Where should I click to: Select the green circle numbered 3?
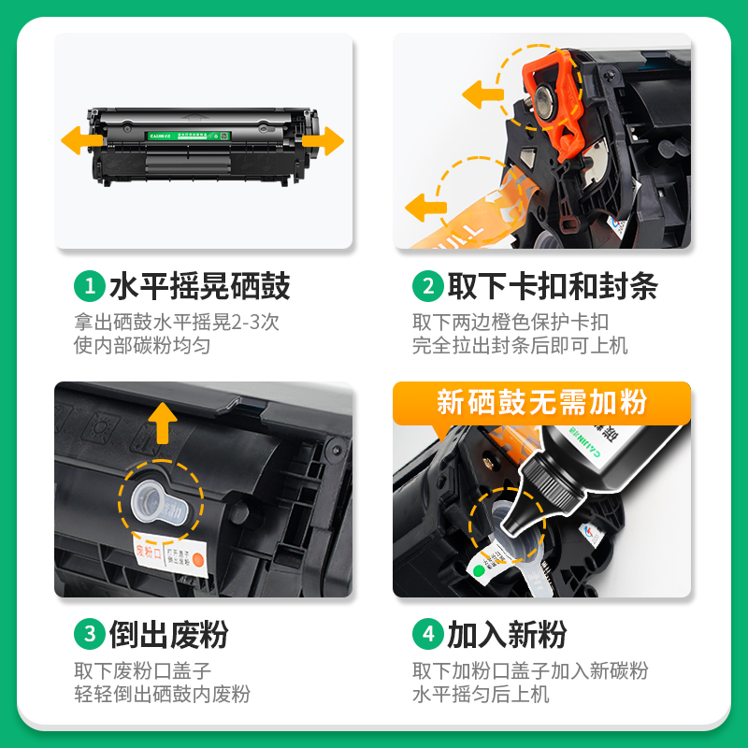(90, 635)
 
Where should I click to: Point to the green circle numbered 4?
(427, 635)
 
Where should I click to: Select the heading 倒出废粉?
(169, 635)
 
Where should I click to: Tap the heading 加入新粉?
(507, 635)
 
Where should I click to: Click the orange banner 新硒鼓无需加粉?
(541, 403)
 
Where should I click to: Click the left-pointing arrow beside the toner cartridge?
(81, 141)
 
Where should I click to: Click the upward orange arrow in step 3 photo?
(164, 423)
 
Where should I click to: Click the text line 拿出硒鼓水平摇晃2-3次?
(177, 323)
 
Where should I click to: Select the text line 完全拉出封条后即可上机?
(520, 346)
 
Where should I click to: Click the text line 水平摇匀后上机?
(481, 695)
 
